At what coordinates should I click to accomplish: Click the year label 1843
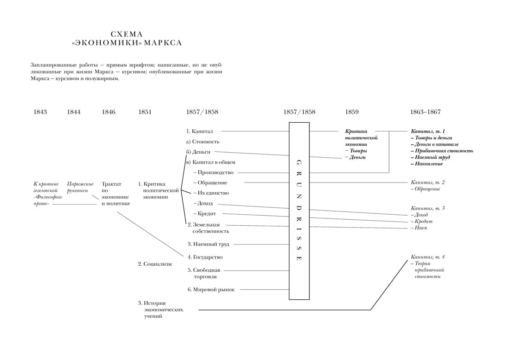40,112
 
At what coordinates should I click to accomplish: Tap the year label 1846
109,112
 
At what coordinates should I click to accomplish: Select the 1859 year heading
352,112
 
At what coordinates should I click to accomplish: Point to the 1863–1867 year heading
425,112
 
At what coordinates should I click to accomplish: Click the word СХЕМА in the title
127,34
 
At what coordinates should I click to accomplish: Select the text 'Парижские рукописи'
80,187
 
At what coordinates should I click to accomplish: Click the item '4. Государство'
205,257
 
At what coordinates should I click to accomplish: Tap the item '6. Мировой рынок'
211,290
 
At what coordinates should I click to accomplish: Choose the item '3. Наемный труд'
208,244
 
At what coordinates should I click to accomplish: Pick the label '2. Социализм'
155,264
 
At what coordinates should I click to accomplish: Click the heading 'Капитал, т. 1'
428,131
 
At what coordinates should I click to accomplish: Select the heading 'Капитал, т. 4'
428,257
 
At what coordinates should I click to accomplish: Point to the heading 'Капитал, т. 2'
428,182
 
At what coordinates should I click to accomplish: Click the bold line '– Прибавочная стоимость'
442,150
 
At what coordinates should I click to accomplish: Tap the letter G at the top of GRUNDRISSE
299,162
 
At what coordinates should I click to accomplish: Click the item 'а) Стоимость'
202,142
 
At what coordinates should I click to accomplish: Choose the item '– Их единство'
211,193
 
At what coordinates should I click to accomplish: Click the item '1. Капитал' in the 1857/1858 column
200,131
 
